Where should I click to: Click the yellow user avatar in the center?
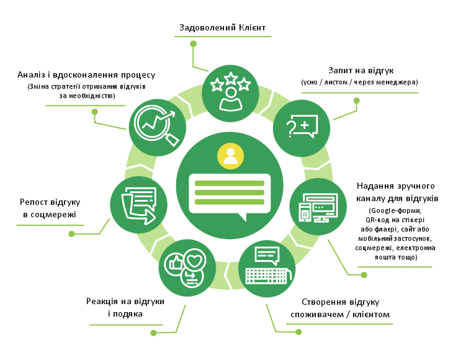[x=230, y=156]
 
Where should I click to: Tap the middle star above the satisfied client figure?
[x=231, y=78]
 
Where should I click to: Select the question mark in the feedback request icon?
[x=290, y=128]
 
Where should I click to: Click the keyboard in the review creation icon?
[x=268, y=276]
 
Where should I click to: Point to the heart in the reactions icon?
[x=194, y=261]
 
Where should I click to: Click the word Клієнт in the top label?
[x=252, y=27]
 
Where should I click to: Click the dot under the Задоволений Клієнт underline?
[x=193, y=43]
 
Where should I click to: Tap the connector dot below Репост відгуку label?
[x=71, y=234]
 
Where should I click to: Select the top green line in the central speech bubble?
[x=230, y=183]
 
